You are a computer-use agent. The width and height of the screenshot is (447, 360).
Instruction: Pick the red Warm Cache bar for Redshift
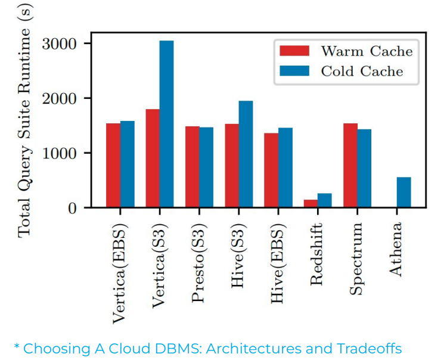311,203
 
